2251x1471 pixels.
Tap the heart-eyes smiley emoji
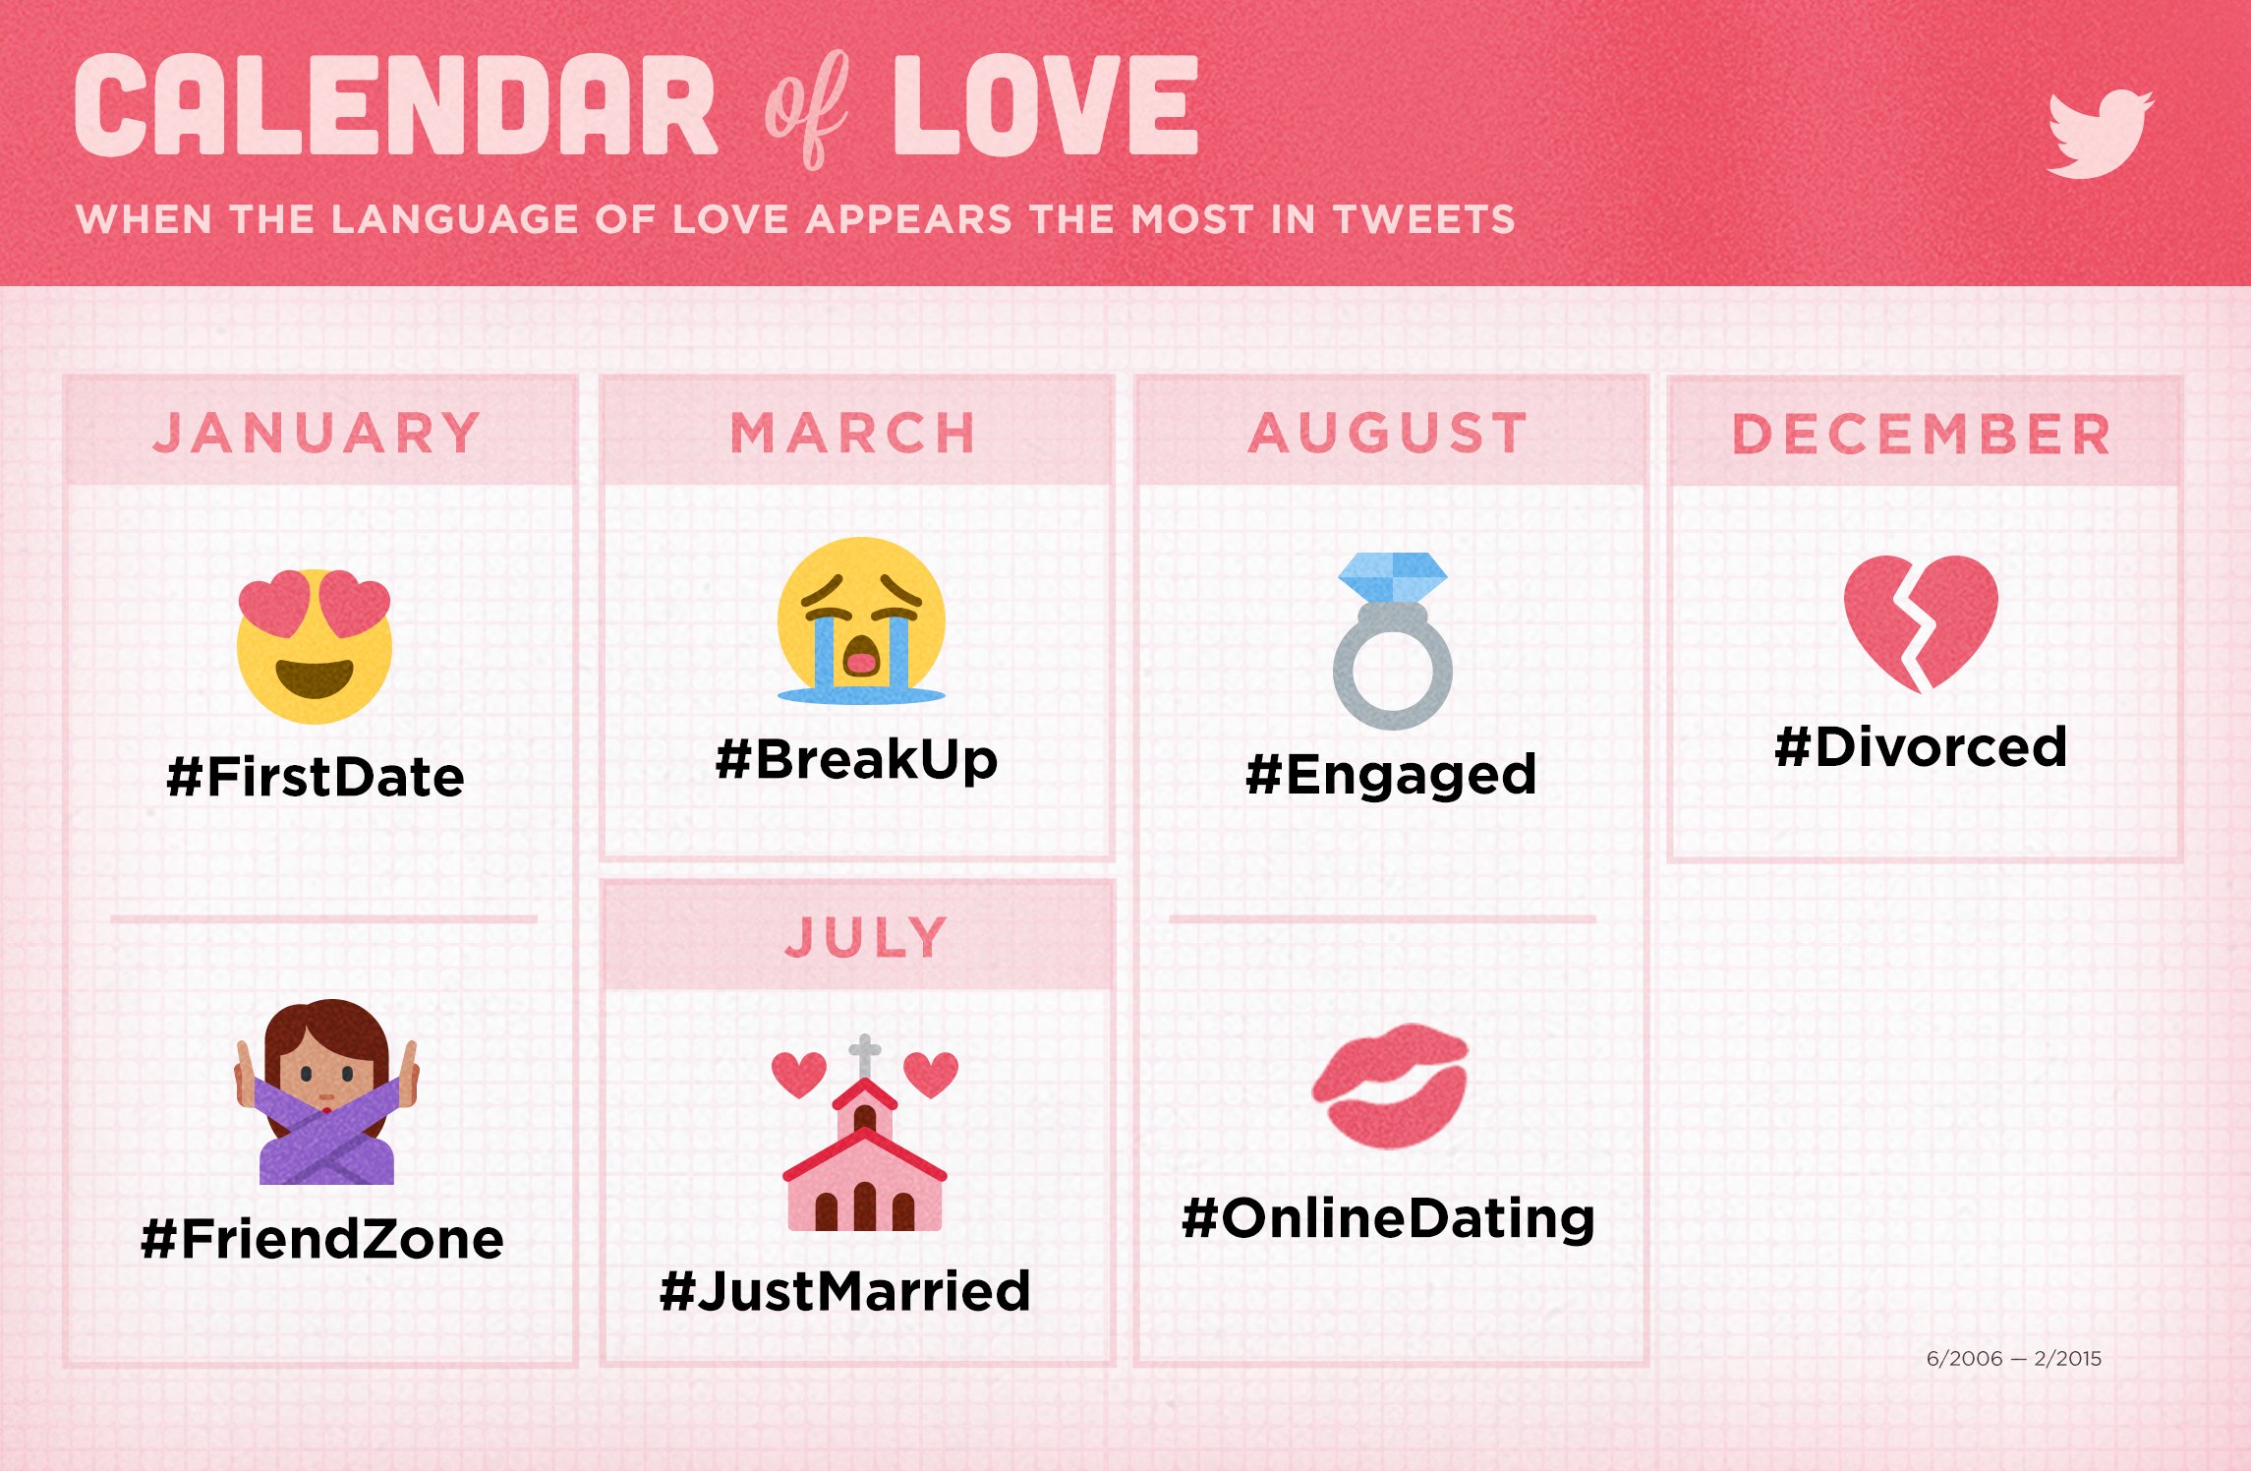[315, 646]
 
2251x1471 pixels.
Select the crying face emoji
[861, 620]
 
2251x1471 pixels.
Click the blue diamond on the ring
[1393, 576]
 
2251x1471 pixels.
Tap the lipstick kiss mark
[1390, 1086]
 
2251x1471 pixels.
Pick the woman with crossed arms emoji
[326, 1091]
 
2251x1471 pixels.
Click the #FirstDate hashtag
[316, 777]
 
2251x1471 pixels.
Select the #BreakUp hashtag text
[857, 760]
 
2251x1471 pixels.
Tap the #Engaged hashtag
[1391, 775]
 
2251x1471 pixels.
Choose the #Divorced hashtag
[1922, 746]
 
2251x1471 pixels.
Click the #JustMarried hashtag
[845, 1291]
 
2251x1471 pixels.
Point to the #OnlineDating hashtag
[1388, 1219]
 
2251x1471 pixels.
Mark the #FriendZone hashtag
[322, 1239]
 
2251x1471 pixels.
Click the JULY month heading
[866, 937]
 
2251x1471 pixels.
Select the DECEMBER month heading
[1922, 434]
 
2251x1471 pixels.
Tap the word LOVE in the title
[1046, 105]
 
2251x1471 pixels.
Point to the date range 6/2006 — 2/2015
[2014, 1358]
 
